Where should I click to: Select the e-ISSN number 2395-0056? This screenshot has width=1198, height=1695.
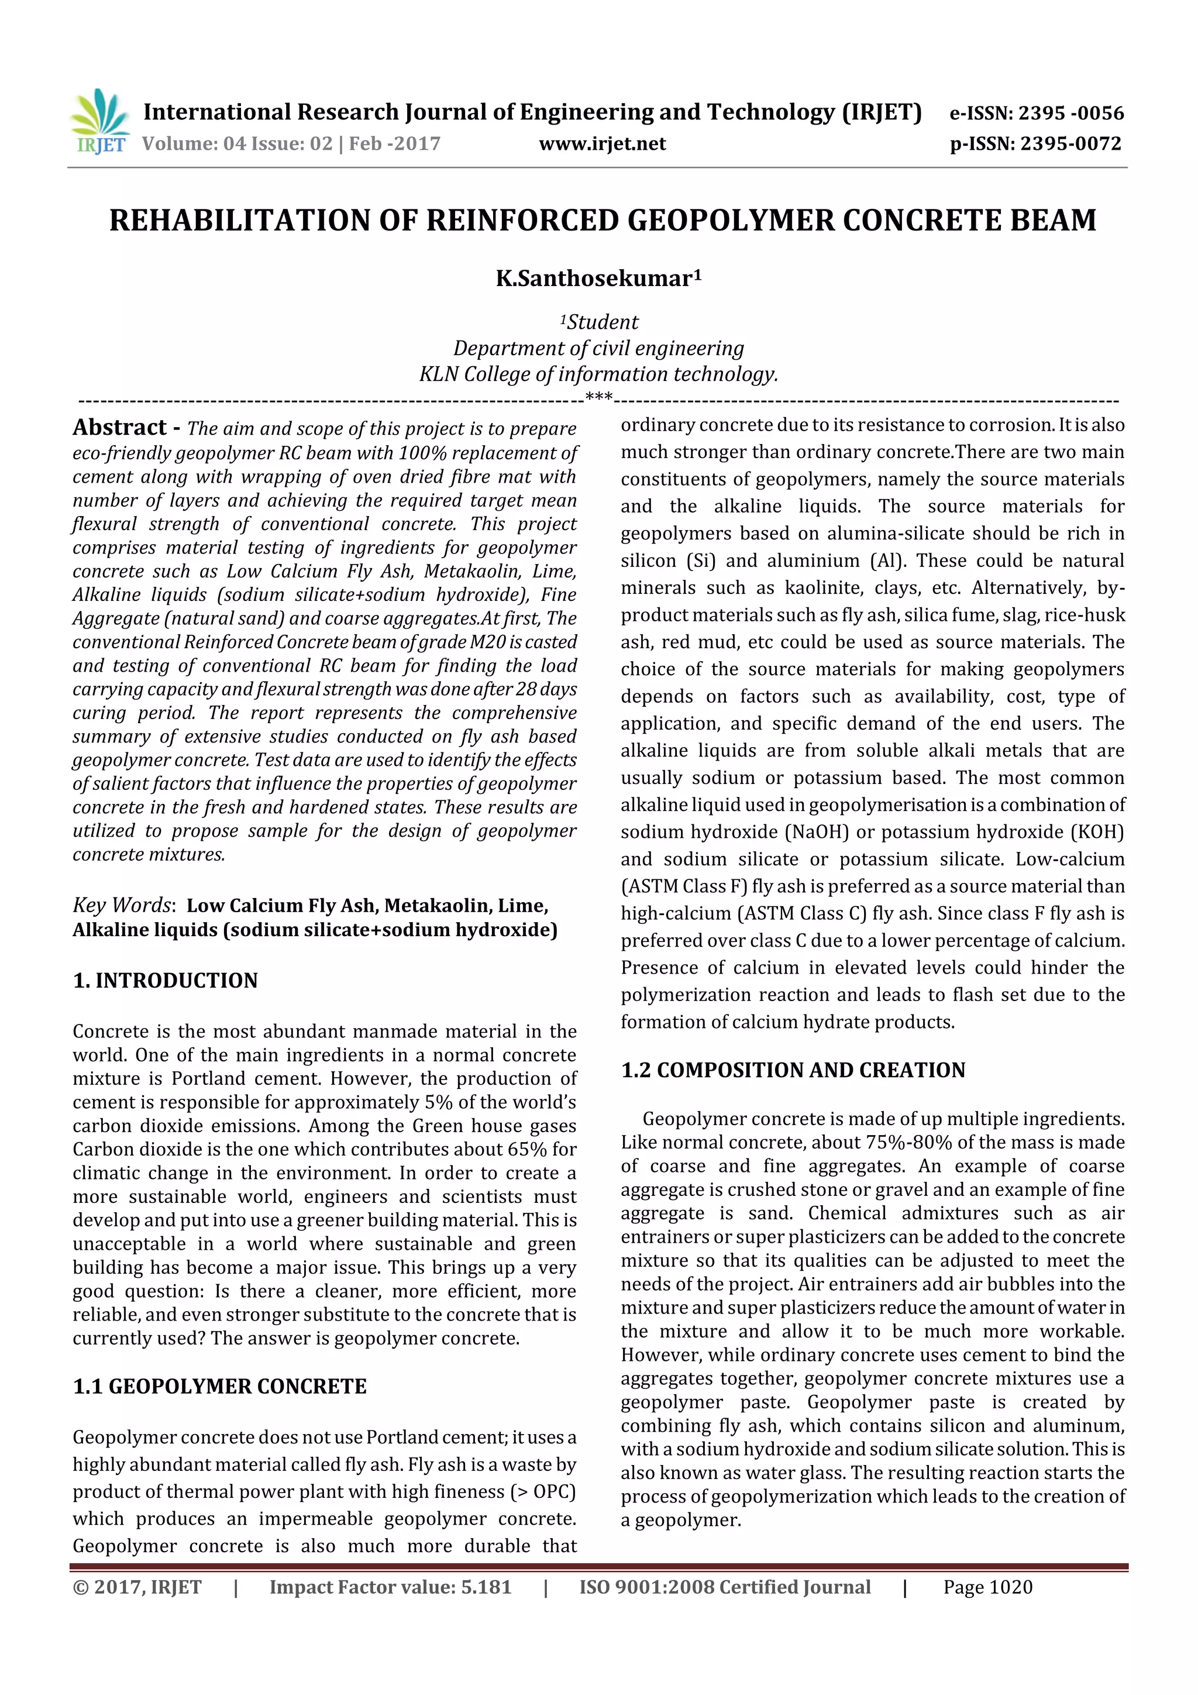[x=1070, y=113]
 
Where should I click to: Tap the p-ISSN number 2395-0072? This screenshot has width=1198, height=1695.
[x=1070, y=144]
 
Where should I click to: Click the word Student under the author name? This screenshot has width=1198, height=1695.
[x=603, y=322]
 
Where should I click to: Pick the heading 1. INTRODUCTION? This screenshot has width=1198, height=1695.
[x=166, y=981]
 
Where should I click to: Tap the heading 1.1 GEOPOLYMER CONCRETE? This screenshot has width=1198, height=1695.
[x=219, y=1387]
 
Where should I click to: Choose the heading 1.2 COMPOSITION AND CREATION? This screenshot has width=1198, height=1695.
[x=793, y=1071]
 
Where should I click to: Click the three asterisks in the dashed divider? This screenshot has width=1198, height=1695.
[x=598, y=398]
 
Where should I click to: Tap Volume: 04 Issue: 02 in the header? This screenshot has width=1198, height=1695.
[x=237, y=144]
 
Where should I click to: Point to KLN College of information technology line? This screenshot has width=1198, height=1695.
[x=598, y=374]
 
